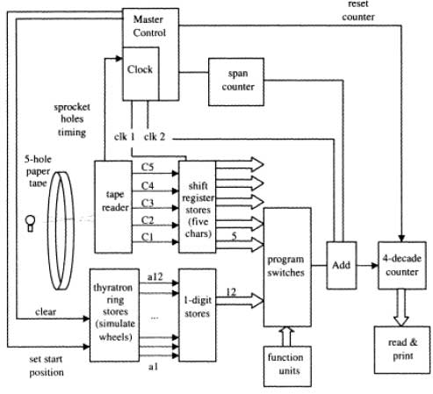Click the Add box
(x=342, y=264)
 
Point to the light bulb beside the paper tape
(x=31, y=217)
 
